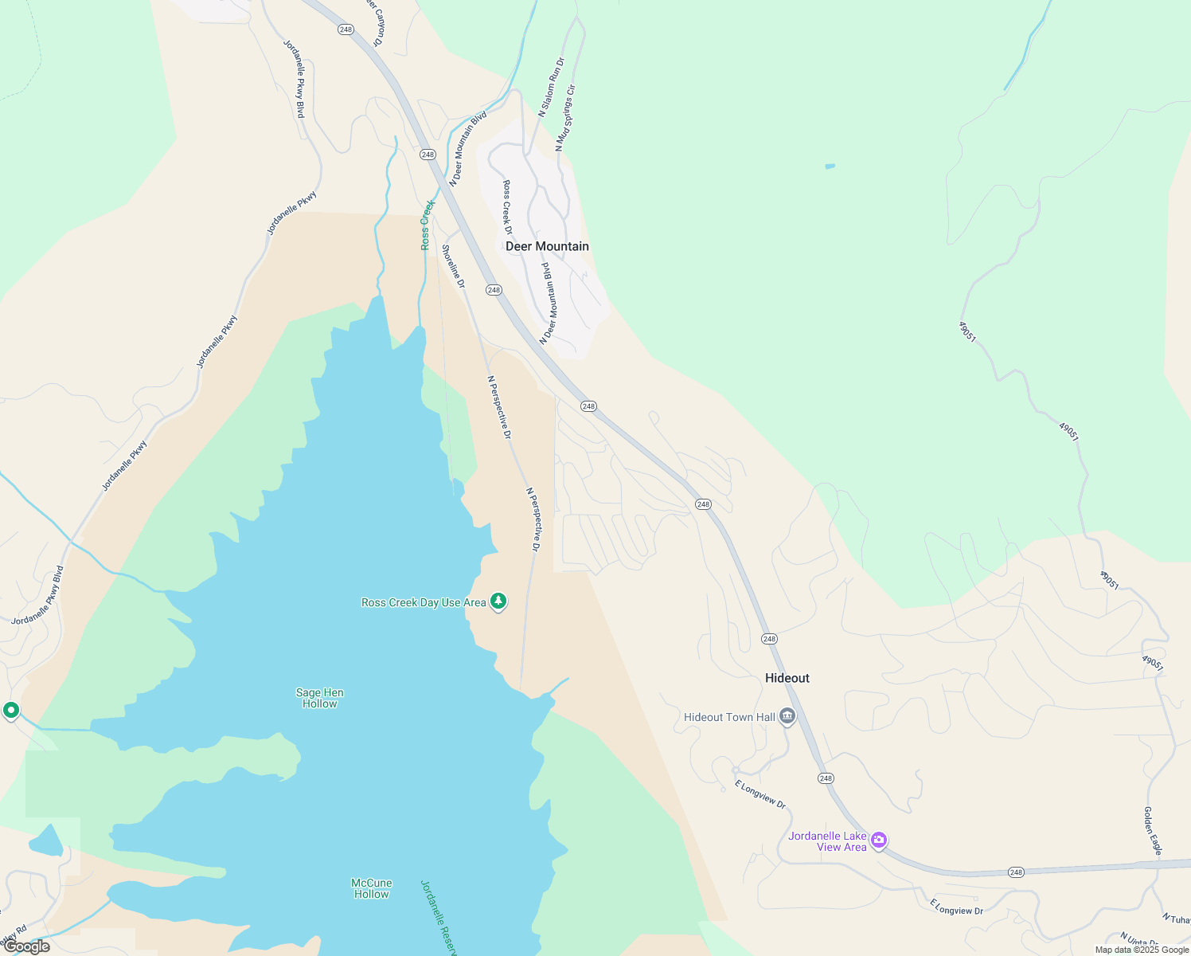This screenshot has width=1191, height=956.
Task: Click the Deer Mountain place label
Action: (547, 246)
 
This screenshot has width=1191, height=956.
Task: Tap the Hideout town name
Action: (787, 678)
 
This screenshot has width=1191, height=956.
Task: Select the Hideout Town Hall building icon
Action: (787, 717)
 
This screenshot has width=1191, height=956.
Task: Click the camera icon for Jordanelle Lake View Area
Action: (879, 840)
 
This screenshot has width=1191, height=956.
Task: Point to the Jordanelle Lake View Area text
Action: (827, 841)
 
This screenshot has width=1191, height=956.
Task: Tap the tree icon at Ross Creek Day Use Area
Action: (498, 601)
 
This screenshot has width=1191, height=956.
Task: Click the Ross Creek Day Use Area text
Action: (424, 603)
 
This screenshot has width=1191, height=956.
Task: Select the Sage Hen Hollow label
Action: (320, 698)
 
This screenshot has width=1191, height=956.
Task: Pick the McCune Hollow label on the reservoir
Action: (372, 888)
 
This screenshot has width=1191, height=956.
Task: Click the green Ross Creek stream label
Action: (427, 225)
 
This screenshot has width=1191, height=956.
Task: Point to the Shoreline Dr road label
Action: (454, 266)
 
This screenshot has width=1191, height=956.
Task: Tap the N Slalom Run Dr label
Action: (551, 88)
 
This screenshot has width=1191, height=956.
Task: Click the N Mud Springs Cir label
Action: (565, 118)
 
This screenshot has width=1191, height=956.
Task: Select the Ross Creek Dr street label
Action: (508, 207)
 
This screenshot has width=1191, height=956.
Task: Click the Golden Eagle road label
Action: (1152, 831)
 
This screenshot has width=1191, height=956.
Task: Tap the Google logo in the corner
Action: (26, 946)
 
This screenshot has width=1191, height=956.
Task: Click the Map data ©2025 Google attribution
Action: (1142, 950)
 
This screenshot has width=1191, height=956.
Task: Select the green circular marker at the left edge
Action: (11, 710)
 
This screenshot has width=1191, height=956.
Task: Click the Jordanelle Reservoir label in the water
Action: (439, 916)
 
